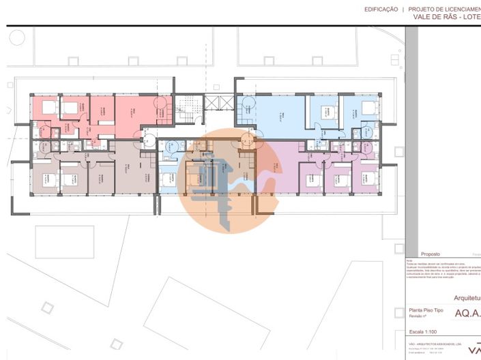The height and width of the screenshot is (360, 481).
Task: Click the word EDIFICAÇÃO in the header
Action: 381,10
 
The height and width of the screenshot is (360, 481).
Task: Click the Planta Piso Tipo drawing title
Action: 425,310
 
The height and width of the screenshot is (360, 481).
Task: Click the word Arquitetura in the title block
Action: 468,298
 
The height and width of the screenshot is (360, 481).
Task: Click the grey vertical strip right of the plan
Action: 411,136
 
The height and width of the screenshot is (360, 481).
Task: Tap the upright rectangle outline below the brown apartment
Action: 64,242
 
